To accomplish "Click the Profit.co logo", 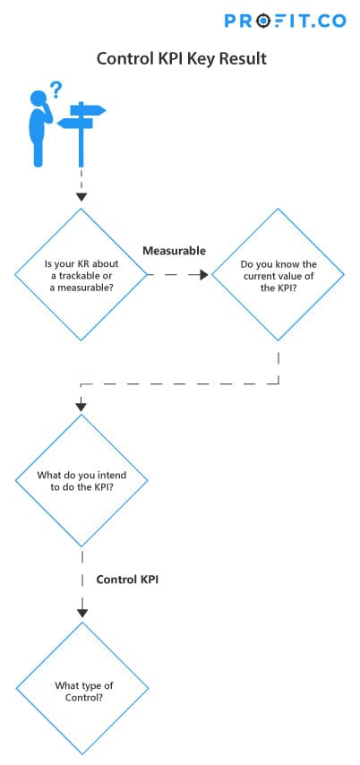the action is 286,21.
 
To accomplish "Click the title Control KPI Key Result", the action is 182,58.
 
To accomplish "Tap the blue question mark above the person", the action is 56,90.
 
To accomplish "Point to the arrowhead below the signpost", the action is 81,197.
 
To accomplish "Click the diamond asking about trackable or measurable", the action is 81,275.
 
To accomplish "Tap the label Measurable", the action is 174,251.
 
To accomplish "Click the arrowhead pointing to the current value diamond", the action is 203,275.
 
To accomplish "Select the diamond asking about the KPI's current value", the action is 278,275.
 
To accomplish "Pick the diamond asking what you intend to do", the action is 81,480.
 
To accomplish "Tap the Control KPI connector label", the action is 127,580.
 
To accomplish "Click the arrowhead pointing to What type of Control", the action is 82,613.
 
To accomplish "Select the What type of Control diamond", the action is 82,688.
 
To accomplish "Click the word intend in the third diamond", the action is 112,475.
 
